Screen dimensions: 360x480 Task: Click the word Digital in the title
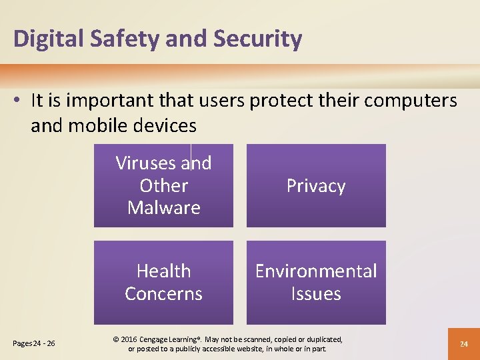click(x=44, y=39)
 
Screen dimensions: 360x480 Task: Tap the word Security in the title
click(x=257, y=39)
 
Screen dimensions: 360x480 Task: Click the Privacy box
click(x=316, y=186)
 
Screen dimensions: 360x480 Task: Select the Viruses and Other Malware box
click(x=163, y=186)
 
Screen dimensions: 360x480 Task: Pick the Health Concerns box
click(x=163, y=283)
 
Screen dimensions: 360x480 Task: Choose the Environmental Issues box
click(x=316, y=283)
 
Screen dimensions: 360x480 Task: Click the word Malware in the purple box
click(x=163, y=208)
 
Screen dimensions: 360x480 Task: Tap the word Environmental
click(x=316, y=271)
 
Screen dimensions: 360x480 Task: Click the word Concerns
click(x=163, y=294)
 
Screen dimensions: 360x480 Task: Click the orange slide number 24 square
click(x=463, y=343)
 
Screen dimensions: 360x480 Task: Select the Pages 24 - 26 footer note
click(x=34, y=344)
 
